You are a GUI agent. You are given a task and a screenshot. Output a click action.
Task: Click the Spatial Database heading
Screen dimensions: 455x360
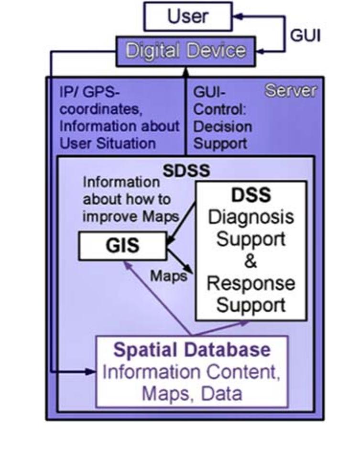point(191,350)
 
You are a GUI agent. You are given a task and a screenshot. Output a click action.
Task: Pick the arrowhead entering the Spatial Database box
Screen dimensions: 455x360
point(92,371)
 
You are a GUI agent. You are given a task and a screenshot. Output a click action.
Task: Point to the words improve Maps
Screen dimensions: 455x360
point(130,216)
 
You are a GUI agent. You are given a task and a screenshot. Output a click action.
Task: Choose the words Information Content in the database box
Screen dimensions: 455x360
point(191,372)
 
